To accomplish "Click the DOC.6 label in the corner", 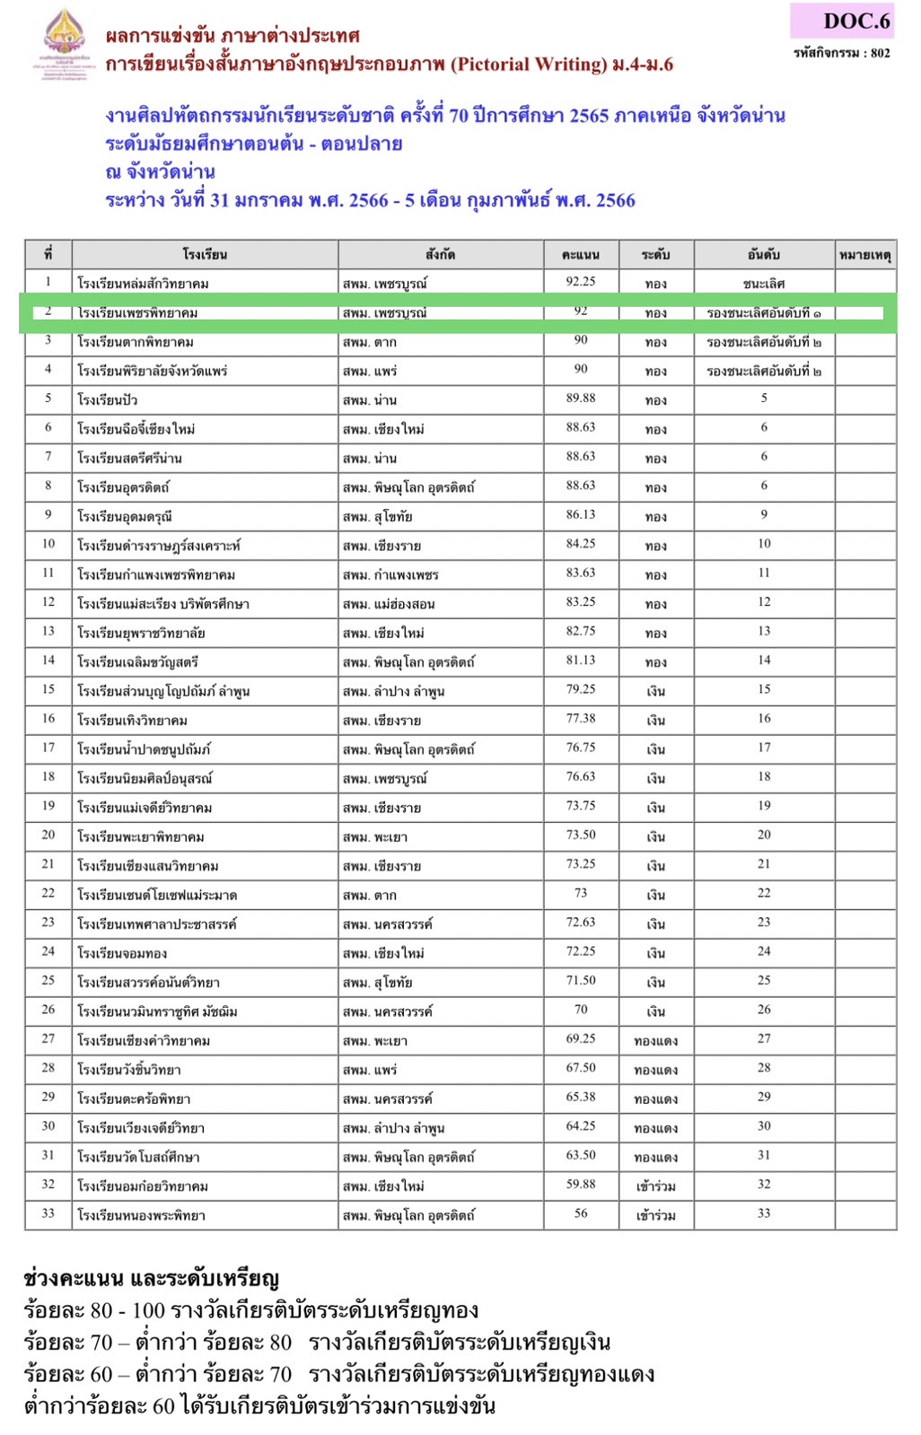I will [855, 21].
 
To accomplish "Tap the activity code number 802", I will [880, 53].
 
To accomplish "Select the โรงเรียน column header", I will [205, 255].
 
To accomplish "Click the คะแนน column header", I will [580, 255].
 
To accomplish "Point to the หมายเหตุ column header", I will [864, 255].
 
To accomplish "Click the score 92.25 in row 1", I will [580, 282].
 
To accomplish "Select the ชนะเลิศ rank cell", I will [763, 284].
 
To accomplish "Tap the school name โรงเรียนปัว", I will [107, 400].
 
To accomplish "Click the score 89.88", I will [580, 398].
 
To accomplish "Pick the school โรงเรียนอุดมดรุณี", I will [125, 517].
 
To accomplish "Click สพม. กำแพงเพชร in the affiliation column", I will [390, 575].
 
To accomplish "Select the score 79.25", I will [580, 689].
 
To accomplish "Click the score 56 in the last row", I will [580, 1213].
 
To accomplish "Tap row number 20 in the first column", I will [48, 835].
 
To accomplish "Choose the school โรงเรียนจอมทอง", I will [122, 953].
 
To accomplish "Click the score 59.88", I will [580, 1185].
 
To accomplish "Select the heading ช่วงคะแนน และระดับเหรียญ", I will [151, 1278].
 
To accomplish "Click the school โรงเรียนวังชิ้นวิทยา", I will [129, 1070].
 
